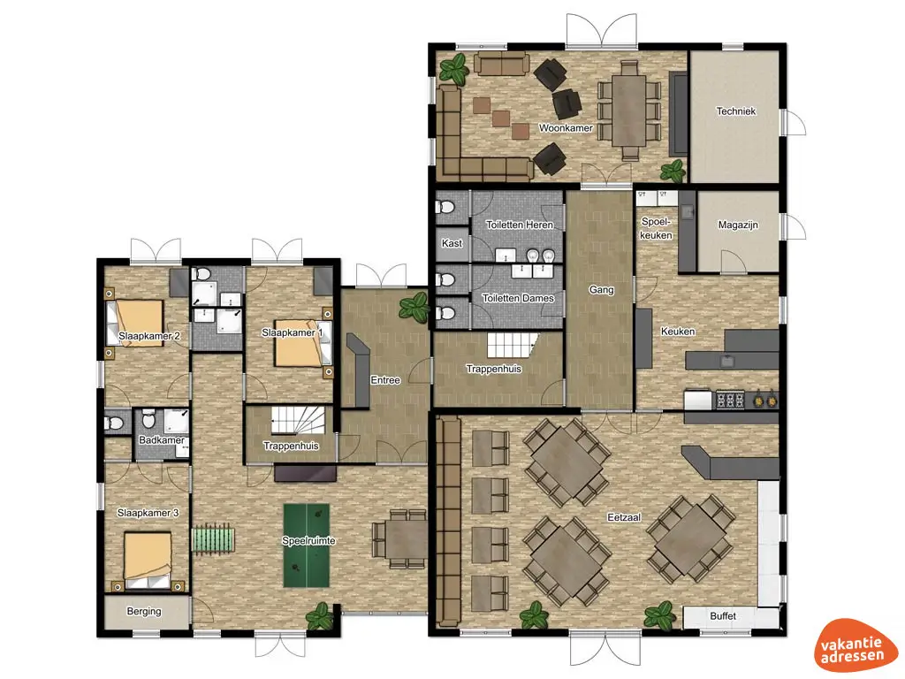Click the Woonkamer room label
[565, 128]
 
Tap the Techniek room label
[735, 111]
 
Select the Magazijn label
[737, 225]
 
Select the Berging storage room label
[144, 611]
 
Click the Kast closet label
[451, 243]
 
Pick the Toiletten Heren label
[520, 225]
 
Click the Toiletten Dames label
[519, 298]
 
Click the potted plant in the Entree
[413, 308]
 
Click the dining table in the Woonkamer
[629, 104]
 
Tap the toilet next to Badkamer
[114, 423]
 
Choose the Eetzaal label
[624, 516]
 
